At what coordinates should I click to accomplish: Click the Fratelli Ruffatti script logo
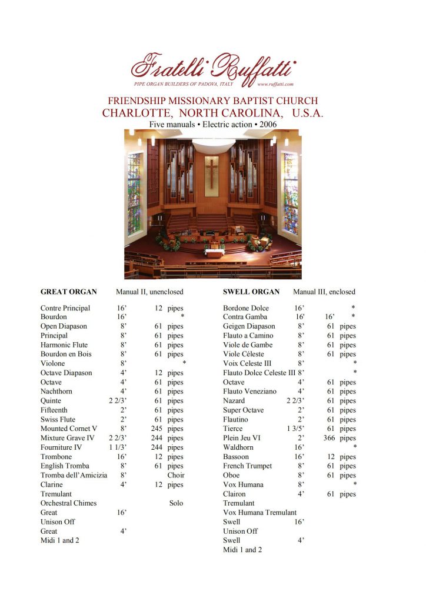213,66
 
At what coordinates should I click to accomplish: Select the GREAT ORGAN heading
68,292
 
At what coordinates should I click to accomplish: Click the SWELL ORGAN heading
251,292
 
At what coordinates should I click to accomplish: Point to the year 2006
267,125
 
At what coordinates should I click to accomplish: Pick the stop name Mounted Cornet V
69,429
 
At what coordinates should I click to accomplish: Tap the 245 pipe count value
156,429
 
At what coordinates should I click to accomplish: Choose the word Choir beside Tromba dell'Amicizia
176,475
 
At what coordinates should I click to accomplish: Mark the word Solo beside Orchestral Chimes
176,503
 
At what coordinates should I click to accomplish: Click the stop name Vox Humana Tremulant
259,513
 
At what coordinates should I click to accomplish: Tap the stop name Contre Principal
65,308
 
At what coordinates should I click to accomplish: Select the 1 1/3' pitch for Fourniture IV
118,447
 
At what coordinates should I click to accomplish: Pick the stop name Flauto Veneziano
249,392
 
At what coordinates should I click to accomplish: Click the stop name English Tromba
65,466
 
